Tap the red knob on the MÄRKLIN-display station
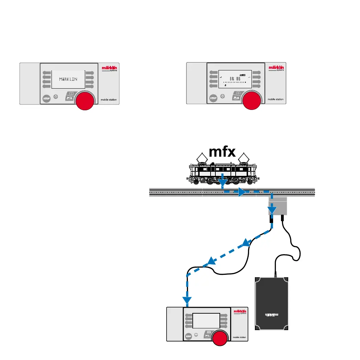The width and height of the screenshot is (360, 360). tap(84, 101)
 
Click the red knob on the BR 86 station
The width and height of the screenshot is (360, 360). tap(251, 101)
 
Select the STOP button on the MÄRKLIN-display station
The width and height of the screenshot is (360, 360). tap(46, 99)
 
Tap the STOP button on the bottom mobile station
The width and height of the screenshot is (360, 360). tap(188, 337)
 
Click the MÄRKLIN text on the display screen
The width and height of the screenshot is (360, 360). tap(68, 79)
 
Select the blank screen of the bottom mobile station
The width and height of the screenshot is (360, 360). tap(206, 321)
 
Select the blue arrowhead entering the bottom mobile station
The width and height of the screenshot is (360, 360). tap(187, 301)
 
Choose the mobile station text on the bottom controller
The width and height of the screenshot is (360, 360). tap(236, 337)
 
